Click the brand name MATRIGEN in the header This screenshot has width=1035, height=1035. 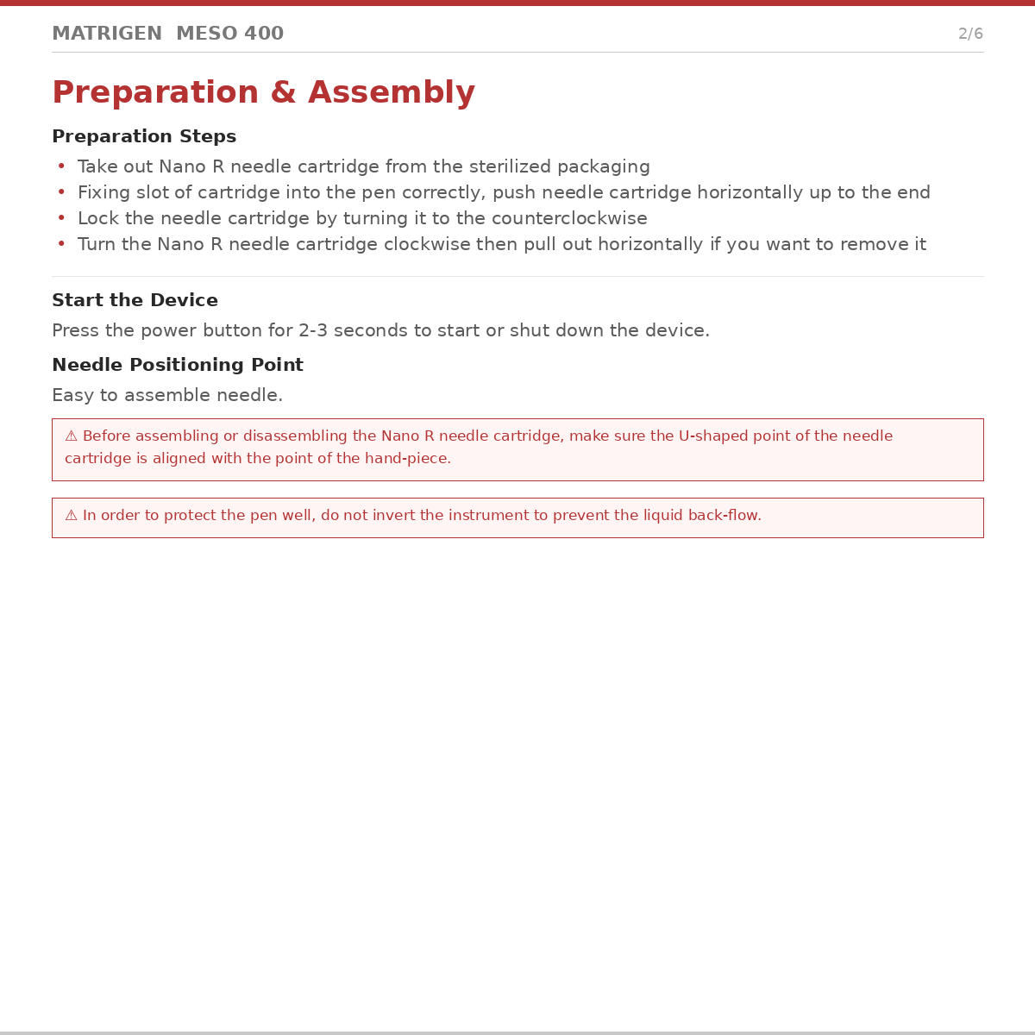[x=107, y=34]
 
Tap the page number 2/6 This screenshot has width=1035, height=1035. [x=970, y=34]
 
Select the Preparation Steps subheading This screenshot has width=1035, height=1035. [x=144, y=136]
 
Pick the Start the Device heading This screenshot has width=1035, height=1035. [x=135, y=300]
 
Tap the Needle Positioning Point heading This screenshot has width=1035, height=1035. [x=178, y=365]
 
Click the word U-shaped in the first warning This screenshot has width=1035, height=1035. [x=712, y=436]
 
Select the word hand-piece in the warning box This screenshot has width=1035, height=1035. [x=405, y=459]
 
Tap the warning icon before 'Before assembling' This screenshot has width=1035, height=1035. [x=72, y=436]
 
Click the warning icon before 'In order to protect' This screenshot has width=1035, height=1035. [x=72, y=516]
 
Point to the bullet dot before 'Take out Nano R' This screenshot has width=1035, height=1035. [x=61, y=166]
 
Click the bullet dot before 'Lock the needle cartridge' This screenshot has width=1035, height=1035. [x=61, y=218]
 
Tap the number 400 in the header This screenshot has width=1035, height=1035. [x=264, y=34]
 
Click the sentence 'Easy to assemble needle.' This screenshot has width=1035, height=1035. [x=167, y=395]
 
